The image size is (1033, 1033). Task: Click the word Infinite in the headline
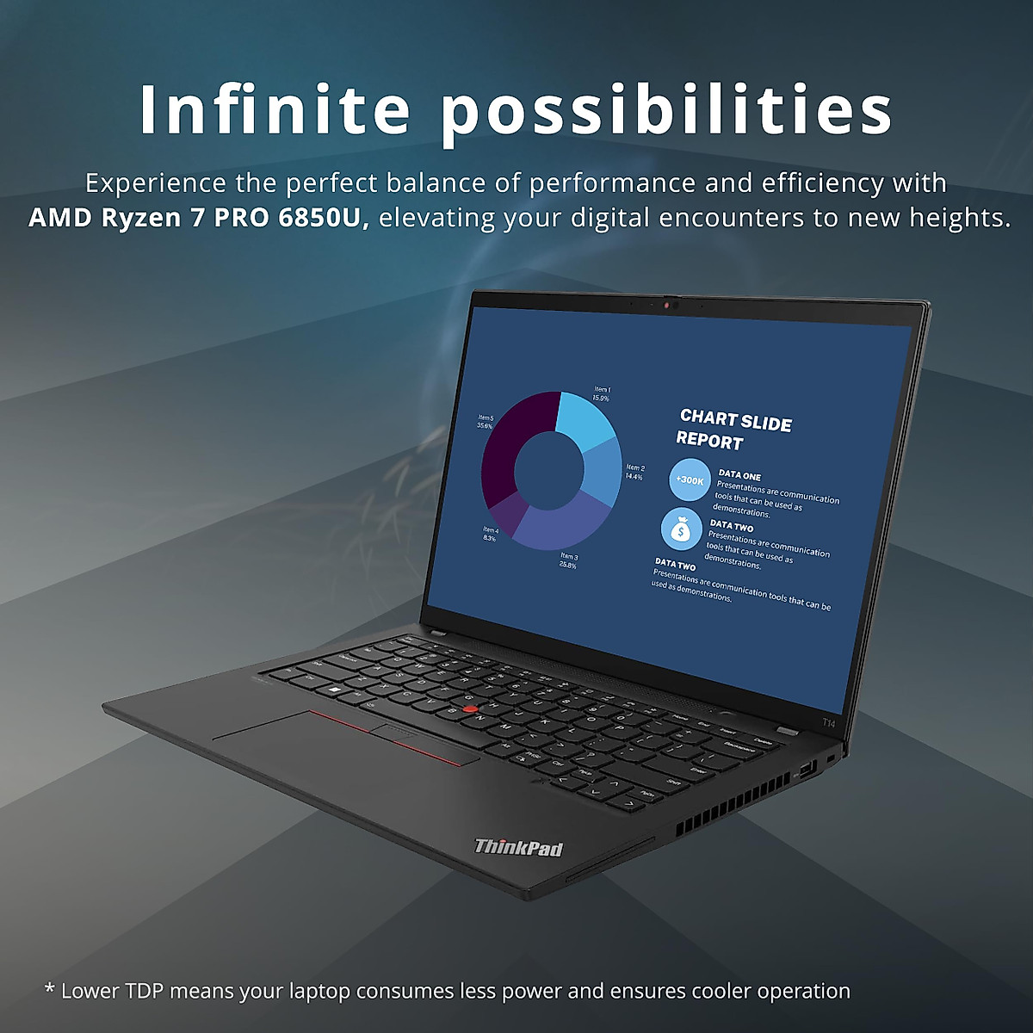tap(275, 109)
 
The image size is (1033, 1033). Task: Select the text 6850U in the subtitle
tap(324, 217)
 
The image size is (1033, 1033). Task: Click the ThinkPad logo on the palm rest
tap(518, 847)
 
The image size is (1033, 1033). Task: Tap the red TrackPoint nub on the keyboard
tap(469, 708)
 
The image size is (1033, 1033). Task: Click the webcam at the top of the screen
tap(670, 304)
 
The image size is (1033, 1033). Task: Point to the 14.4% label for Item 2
tap(634, 477)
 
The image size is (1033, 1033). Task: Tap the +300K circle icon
tap(690, 480)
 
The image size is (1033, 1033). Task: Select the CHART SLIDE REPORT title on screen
tap(733, 429)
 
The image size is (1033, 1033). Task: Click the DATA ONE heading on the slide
tap(739, 475)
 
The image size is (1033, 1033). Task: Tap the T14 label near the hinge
tap(828, 723)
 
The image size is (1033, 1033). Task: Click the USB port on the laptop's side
tap(807, 768)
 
